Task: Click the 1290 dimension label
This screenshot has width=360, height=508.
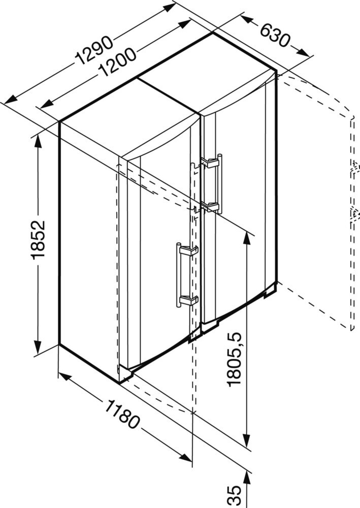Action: (x=93, y=50)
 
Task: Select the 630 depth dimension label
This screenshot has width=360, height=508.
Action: (x=274, y=35)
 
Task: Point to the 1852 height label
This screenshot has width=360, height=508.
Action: (x=38, y=240)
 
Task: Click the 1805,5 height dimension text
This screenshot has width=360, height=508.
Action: (x=235, y=359)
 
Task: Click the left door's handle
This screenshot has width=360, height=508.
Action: (x=186, y=275)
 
